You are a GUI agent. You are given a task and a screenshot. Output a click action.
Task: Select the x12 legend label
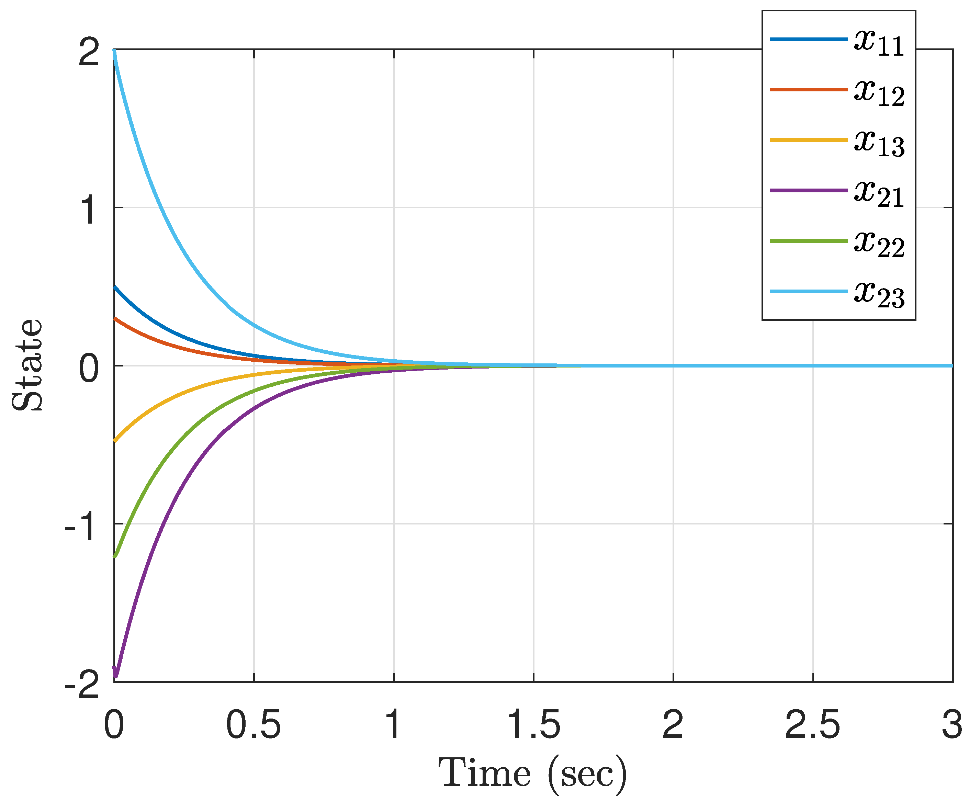click(x=879, y=92)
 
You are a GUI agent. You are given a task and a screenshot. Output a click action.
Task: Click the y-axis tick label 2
click(x=89, y=52)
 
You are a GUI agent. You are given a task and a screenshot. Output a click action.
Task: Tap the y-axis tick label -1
click(x=82, y=527)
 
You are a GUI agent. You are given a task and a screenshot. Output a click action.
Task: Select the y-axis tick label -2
click(x=82, y=685)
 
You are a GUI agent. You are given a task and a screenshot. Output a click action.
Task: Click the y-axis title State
click(x=28, y=364)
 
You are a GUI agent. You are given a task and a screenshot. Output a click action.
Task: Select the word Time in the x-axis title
click(x=484, y=774)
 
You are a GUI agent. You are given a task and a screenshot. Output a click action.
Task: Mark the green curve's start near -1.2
click(x=115, y=556)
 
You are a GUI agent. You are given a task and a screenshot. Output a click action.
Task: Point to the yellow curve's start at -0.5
click(x=115, y=441)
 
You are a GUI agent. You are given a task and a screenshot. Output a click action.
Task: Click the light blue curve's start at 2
click(x=114, y=52)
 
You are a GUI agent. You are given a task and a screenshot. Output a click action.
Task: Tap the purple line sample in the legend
click(x=809, y=191)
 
